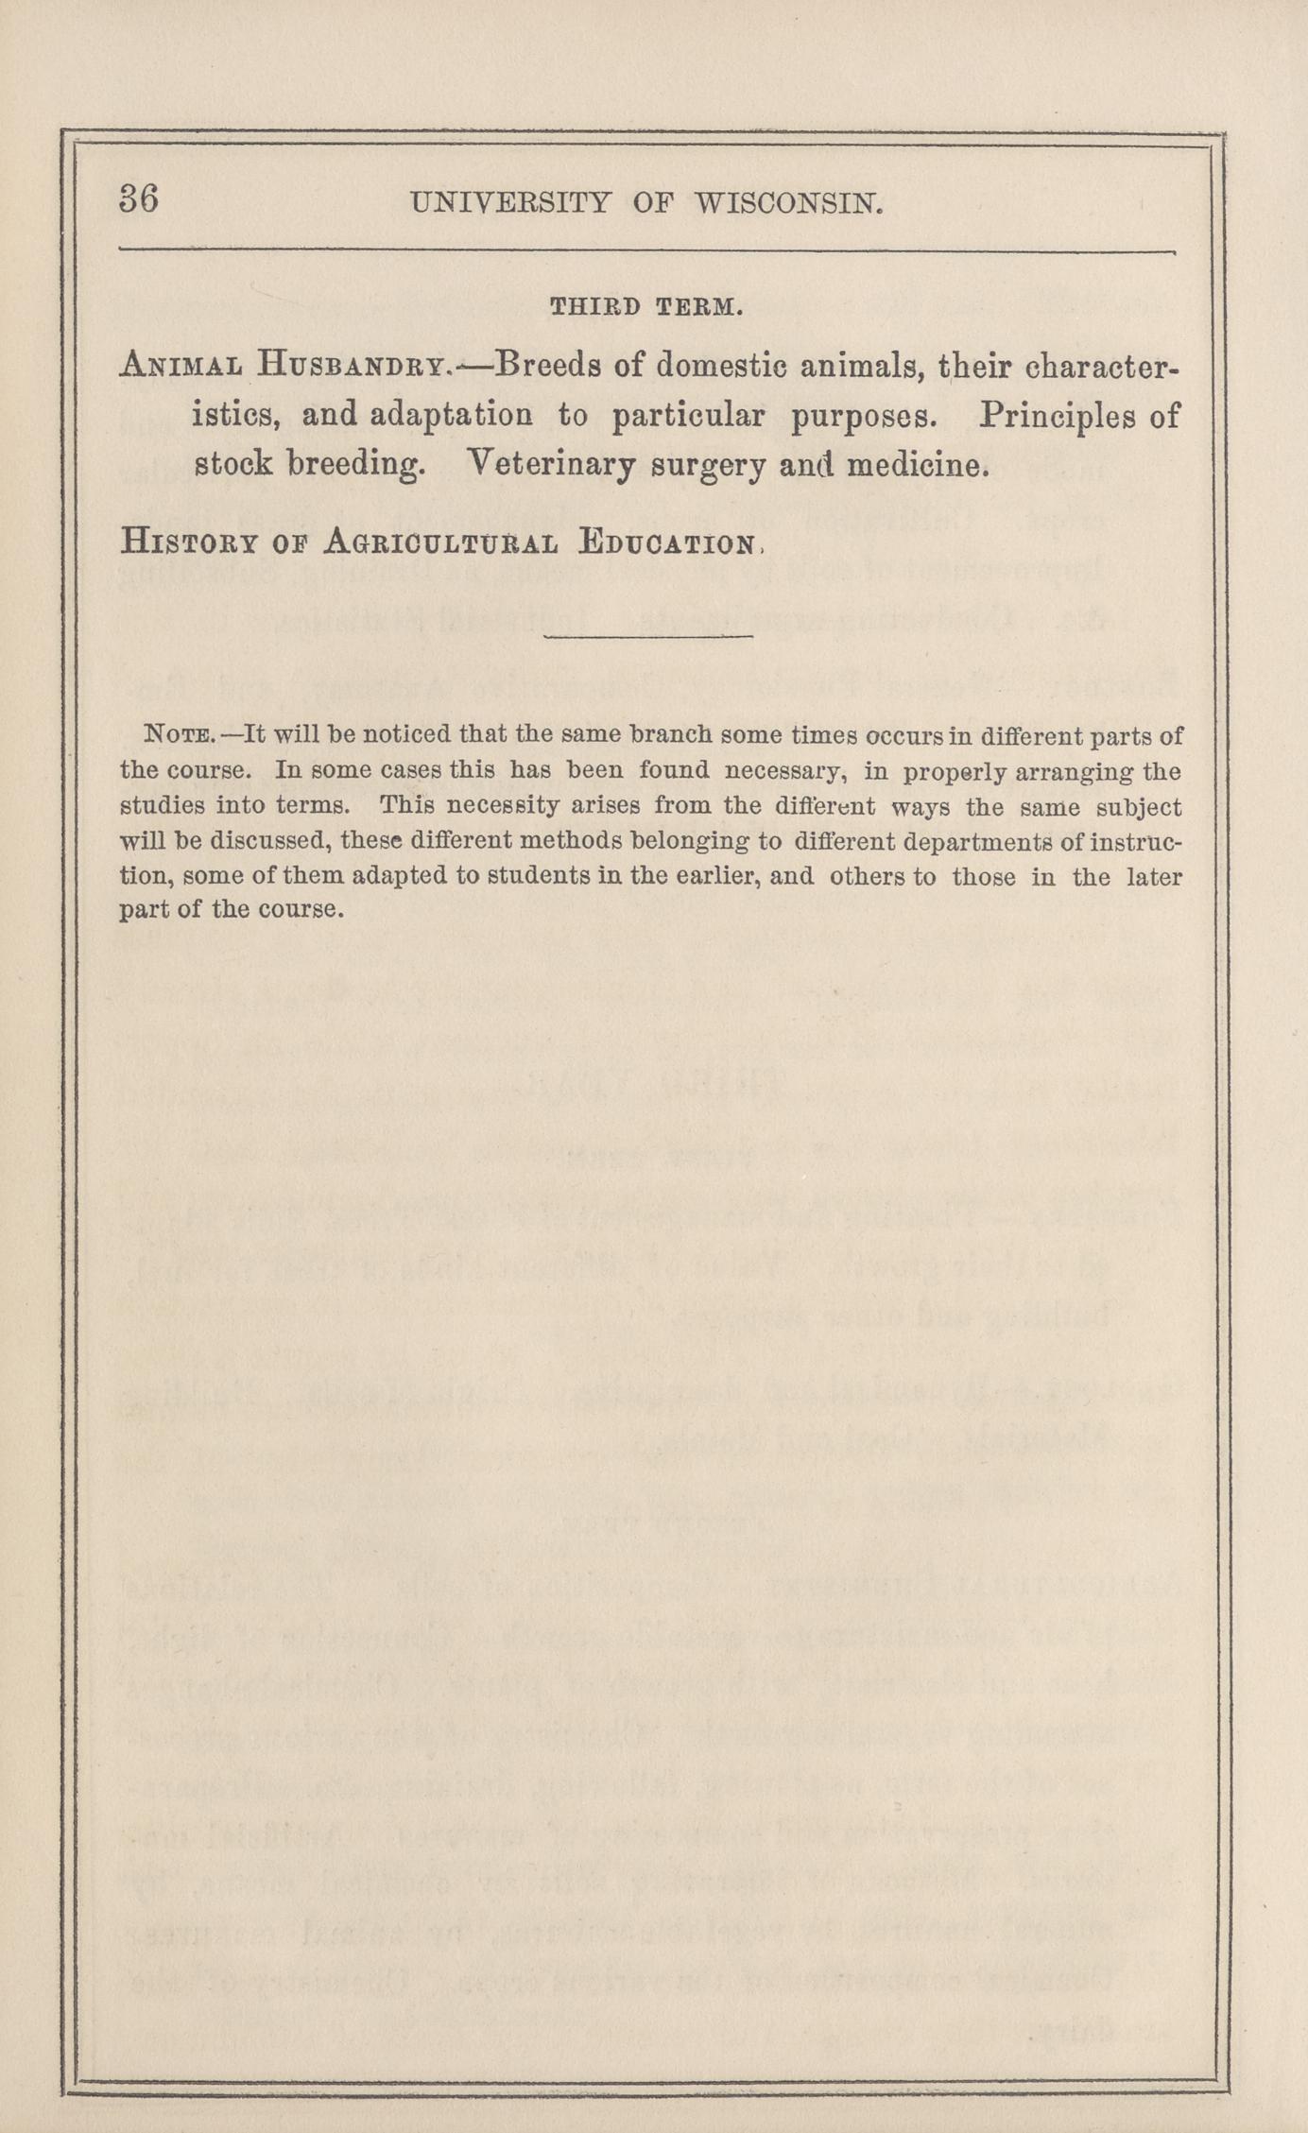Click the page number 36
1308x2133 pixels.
139,200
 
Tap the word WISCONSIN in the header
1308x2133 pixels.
788,203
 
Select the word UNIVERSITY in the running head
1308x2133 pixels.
511,203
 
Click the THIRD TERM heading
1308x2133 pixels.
646,307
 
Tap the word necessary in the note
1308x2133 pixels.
783,770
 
